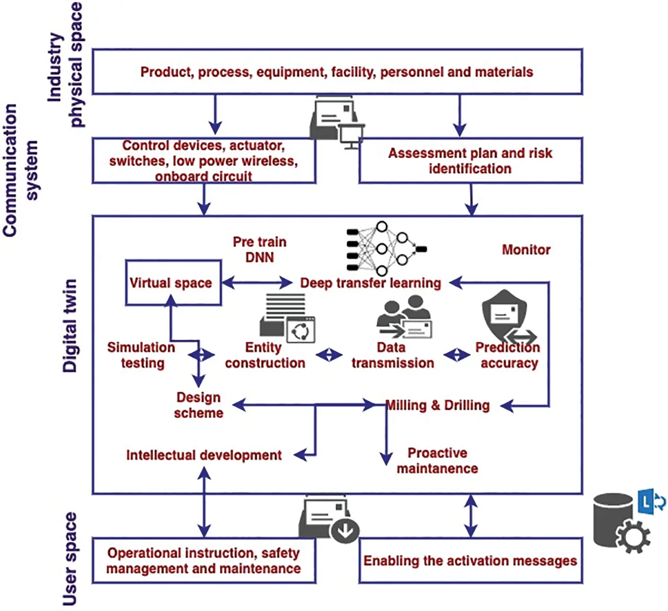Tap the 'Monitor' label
click(526, 250)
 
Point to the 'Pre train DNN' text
click(259, 249)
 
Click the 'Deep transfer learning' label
click(370, 283)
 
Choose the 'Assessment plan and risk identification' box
click(470, 161)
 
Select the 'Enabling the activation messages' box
click(470, 561)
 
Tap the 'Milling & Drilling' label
click(438, 405)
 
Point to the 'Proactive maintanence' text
click(437, 461)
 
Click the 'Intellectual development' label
click(204, 455)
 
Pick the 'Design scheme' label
click(198, 405)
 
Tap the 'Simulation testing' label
click(141, 355)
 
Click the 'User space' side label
click(70, 559)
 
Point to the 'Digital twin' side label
click(70, 326)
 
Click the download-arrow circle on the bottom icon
click(345, 531)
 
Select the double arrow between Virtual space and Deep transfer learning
click(257, 283)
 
